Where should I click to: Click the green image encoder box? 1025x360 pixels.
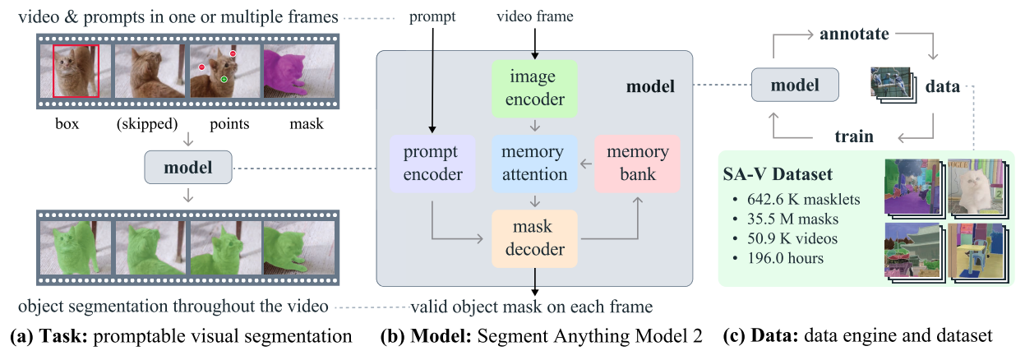[534, 89]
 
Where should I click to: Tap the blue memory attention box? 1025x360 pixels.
[534, 163]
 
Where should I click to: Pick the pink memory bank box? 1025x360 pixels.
[638, 163]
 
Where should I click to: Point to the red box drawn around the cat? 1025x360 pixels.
[76, 72]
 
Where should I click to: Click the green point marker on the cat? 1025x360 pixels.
[223, 80]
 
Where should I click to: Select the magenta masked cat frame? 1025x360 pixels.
[298, 72]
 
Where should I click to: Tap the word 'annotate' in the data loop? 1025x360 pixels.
[855, 35]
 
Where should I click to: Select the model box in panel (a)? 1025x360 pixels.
[188, 168]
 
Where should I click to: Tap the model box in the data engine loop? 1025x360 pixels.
[796, 85]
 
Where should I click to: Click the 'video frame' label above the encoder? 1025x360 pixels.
[535, 16]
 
